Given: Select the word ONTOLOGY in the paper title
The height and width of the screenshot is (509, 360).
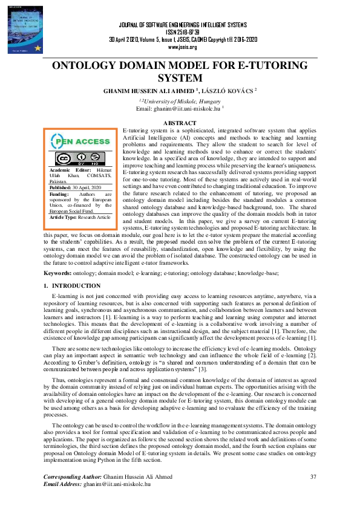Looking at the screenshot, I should [x=92, y=66].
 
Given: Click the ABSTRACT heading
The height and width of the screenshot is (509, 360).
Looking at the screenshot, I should [x=180, y=123].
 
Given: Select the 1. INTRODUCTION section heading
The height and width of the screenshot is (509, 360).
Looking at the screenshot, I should [x=72, y=285].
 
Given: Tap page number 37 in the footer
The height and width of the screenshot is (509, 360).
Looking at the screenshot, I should [x=313, y=478].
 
